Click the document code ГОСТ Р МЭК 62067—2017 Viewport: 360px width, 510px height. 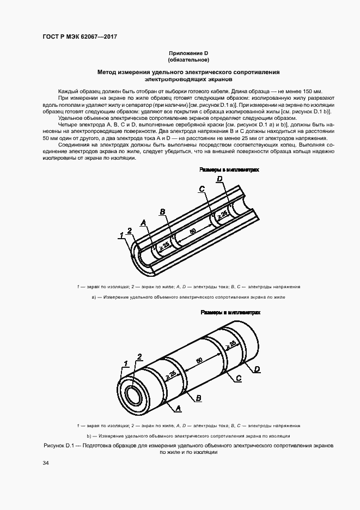tap(80, 37)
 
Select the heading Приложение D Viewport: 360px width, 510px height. tap(188, 53)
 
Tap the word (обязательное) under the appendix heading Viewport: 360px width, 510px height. tap(188, 59)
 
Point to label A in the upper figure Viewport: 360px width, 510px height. tap(144, 222)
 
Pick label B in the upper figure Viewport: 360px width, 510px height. tap(162, 211)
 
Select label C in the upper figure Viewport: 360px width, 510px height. tap(202, 189)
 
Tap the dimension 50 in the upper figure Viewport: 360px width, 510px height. tap(193, 231)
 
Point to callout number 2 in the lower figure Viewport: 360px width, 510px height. tap(139, 357)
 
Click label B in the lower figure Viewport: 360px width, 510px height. tap(199, 398)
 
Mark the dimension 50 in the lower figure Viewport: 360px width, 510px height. tap(199, 360)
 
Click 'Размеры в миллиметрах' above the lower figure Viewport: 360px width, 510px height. tap(230, 313)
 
